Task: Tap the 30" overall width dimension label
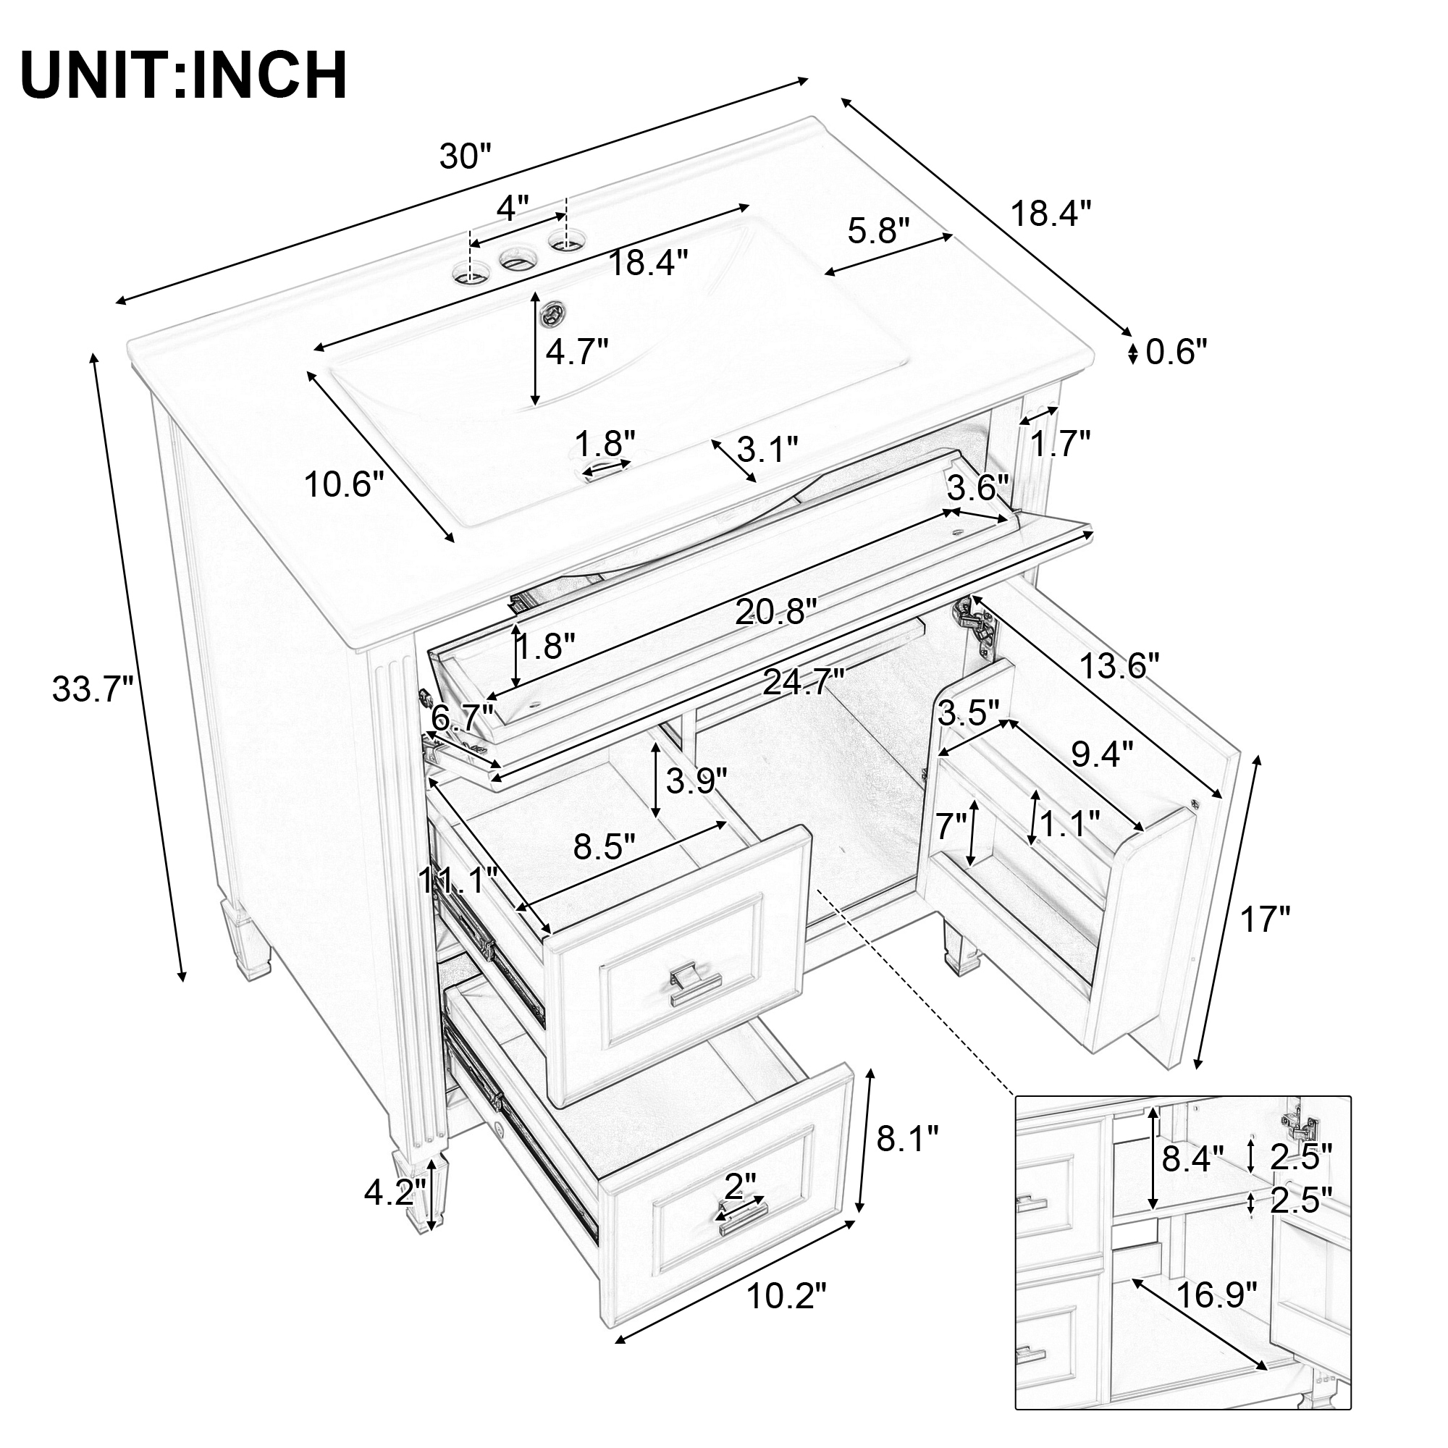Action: (x=465, y=156)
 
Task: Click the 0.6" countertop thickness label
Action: (x=1176, y=353)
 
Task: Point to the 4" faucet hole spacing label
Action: (x=513, y=208)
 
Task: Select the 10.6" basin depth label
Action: (x=344, y=485)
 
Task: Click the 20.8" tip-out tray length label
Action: (x=774, y=613)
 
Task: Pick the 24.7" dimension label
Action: (x=804, y=682)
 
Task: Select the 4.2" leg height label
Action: (x=395, y=1192)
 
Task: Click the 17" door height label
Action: (x=1266, y=919)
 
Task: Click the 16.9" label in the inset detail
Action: (x=1216, y=1295)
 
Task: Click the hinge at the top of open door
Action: (x=976, y=621)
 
